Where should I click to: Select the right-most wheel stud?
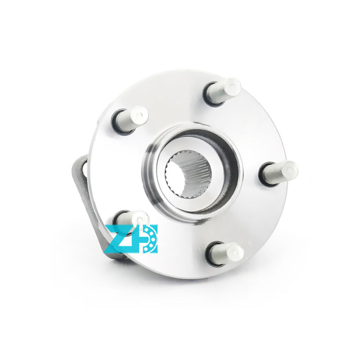click(279, 173)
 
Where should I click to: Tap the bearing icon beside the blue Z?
click(148, 239)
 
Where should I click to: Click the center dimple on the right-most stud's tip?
click(290, 170)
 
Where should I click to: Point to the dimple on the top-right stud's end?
click(232, 86)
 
